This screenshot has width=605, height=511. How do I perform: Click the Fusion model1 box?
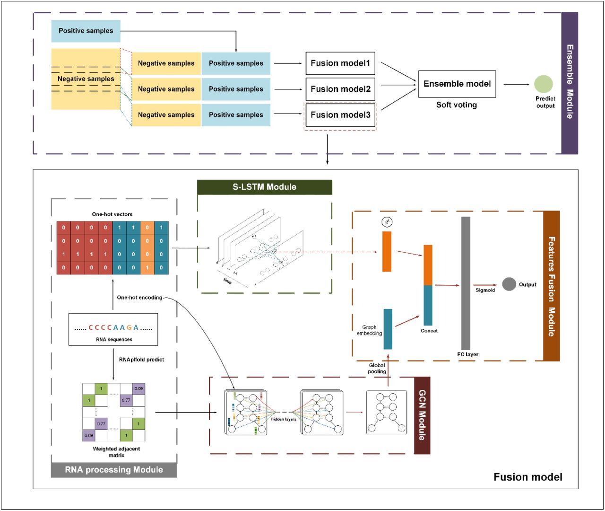click(x=340, y=63)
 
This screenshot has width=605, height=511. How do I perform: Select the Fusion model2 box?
click(x=340, y=89)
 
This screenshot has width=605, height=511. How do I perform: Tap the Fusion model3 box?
click(x=340, y=115)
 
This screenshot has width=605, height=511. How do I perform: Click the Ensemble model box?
click(x=457, y=84)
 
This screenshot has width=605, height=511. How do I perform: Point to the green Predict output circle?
click(x=544, y=84)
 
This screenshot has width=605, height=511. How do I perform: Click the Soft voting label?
click(x=457, y=105)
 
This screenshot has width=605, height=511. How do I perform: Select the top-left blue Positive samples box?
click(x=86, y=31)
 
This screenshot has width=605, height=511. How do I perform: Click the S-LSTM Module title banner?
click(x=265, y=187)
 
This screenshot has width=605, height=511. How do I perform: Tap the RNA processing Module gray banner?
click(x=114, y=470)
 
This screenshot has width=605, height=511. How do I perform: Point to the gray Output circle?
click(x=509, y=284)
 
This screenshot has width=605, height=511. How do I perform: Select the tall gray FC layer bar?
click(x=466, y=283)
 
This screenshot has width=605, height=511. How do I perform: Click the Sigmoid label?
click(x=485, y=290)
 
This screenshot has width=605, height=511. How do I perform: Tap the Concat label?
click(x=429, y=331)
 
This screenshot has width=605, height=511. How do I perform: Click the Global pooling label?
click(x=377, y=368)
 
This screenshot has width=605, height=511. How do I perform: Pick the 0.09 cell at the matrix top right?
click(x=138, y=389)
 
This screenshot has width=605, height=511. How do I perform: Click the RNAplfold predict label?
click(x=141, y=360)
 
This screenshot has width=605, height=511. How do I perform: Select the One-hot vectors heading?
click(x=112, y=214)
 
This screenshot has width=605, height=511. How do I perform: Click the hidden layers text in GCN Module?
click(x=284, y=419)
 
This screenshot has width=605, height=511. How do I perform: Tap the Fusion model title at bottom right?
click(x=528, y=477)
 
